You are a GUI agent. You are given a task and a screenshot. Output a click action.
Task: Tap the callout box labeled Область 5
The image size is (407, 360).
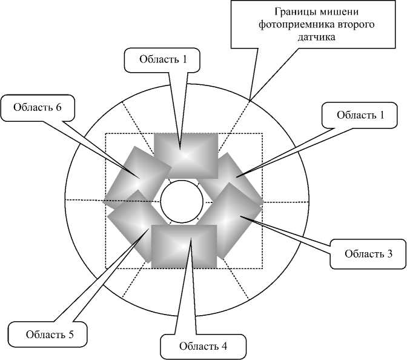click(x=47, y=333)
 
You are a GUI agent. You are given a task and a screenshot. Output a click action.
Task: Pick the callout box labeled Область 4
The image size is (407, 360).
click(x=203, y=347)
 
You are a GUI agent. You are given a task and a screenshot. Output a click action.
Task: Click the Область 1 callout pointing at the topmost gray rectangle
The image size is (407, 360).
click(x=163, y=59)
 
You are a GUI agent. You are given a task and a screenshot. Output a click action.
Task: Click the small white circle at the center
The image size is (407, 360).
click(x=182, y=200)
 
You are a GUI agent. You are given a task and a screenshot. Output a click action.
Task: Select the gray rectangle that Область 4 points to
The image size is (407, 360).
click(x=184, y=245)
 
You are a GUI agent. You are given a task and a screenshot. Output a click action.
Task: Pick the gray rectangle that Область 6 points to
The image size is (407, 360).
click(x=134, y=176)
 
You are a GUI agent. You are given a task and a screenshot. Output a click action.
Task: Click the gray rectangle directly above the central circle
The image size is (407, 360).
click(x=185, y=155)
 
